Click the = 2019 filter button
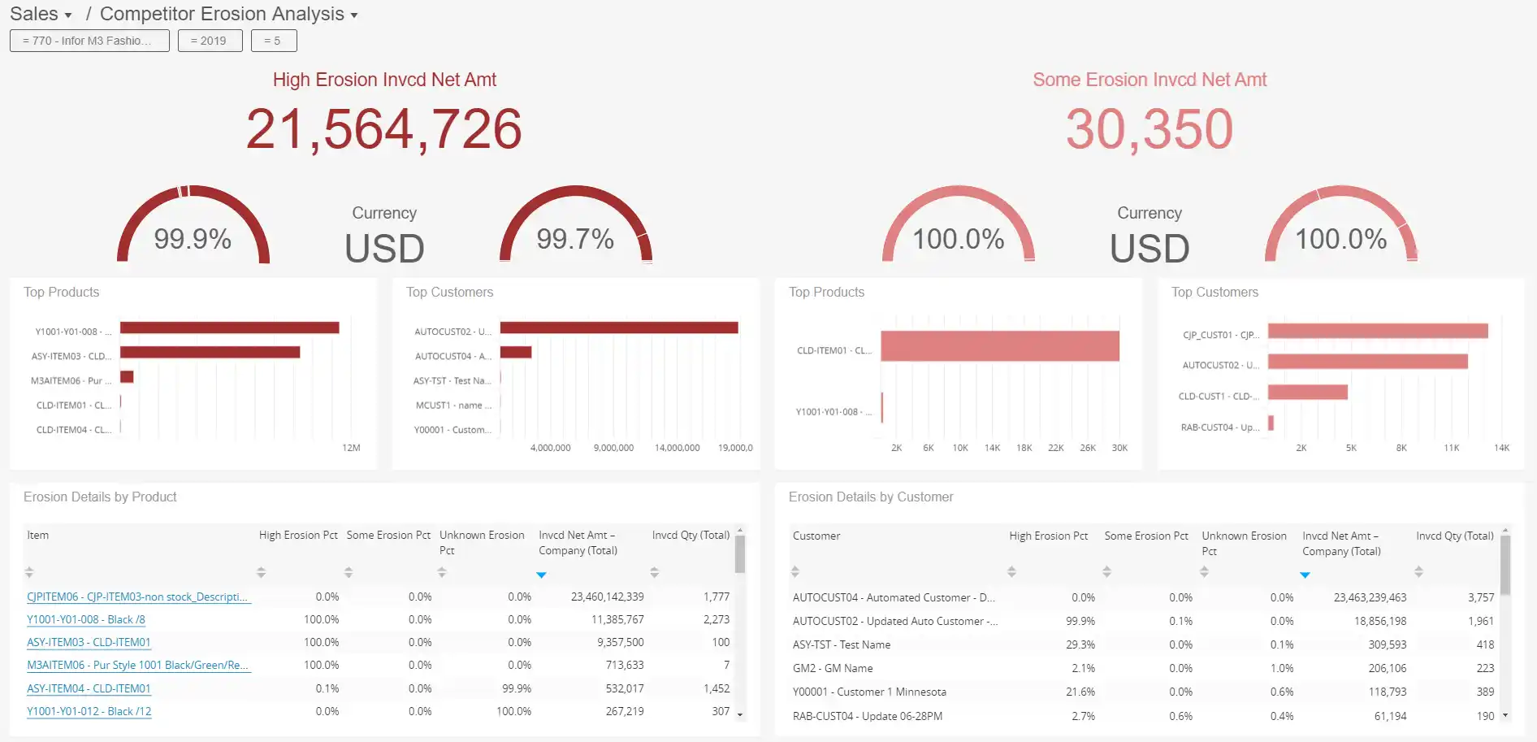click(209, 41)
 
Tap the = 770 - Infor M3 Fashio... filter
click(89, 41)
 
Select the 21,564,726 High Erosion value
click(383, 129)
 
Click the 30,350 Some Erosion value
click(1149, 129)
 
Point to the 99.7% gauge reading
click(574, 239)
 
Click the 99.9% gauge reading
click(193, 239)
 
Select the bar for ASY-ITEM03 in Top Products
click(210, 353)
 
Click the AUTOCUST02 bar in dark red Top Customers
click(618, 328)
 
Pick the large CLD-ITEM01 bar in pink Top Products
click(999, 346)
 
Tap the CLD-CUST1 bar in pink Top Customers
click(1307, 393)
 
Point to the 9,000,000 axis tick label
click(613, 448)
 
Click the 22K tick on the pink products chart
click(1055, 448)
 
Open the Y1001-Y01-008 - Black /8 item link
click(86, 619)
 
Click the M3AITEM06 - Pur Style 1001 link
click(137, 665)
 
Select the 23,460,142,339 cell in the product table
click(607, 597)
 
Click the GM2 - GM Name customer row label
click(833, 668)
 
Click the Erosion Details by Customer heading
click(870, 497)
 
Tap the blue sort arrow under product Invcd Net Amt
click(541, 575)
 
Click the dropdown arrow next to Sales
click(68, 15)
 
